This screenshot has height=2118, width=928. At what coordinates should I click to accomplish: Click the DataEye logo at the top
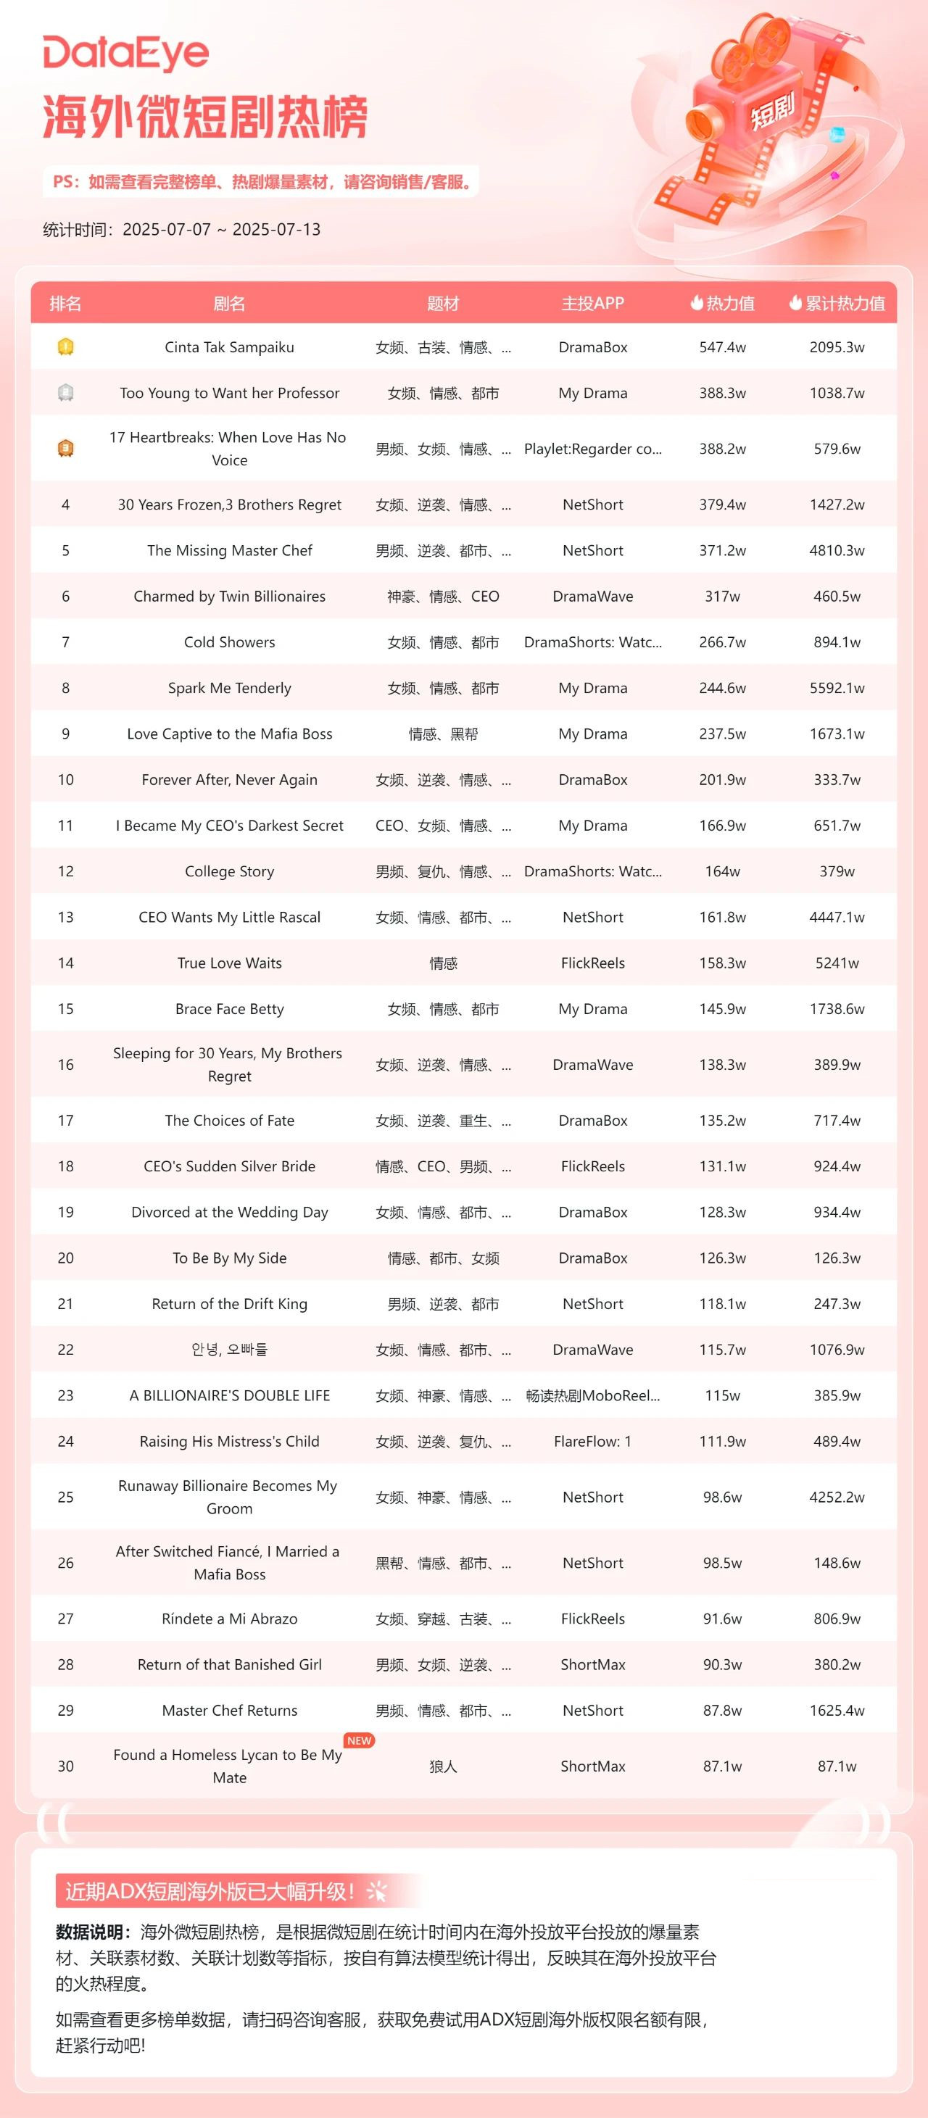[126, 54]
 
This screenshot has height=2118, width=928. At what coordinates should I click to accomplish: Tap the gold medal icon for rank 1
[66, 347]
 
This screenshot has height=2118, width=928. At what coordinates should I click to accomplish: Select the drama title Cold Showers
[230, 642]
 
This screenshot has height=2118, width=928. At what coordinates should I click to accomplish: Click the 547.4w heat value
[722, 347]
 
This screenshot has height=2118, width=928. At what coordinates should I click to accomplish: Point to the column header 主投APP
[592, 304]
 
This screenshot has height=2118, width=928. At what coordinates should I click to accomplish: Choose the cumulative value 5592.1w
[837, 688]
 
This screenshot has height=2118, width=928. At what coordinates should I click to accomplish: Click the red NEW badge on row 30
[360, 1740]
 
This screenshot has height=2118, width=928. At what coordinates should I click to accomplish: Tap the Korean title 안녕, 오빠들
[230, 1349]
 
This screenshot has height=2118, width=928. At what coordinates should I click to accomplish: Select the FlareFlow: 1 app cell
[592, 1441]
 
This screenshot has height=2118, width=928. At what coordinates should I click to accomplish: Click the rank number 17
[66, 1121]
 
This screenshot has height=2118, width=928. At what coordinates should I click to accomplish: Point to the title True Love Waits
[230, 963]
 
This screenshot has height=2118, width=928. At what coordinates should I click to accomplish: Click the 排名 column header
[66, 304]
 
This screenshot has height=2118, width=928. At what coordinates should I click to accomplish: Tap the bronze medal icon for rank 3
[66, 448]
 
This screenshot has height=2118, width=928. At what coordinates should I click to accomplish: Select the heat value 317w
[722, 596]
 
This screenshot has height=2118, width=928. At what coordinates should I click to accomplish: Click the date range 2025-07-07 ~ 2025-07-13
[221, 229]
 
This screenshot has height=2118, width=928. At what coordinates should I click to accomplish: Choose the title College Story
[230, 871]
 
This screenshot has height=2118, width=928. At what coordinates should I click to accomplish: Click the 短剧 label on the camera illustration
[771, 111]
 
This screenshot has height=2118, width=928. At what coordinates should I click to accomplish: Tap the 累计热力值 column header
[837, 304]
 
